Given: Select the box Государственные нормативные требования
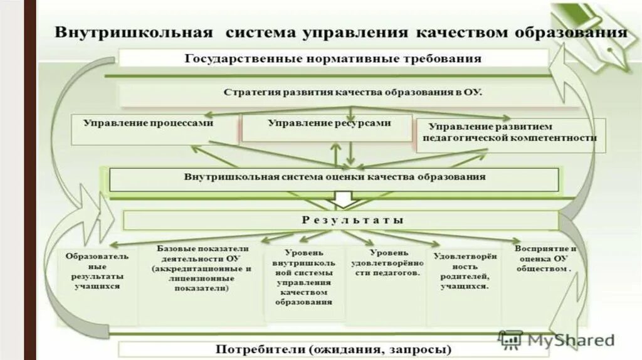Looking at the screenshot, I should tap(333, 59).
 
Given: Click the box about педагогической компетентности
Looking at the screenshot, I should tap(510, 132).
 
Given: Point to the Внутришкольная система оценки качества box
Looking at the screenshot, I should tap(334, 177).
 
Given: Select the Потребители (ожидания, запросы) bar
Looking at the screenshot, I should tap(334, 349).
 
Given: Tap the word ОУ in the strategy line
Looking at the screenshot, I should tap(472, 93).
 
